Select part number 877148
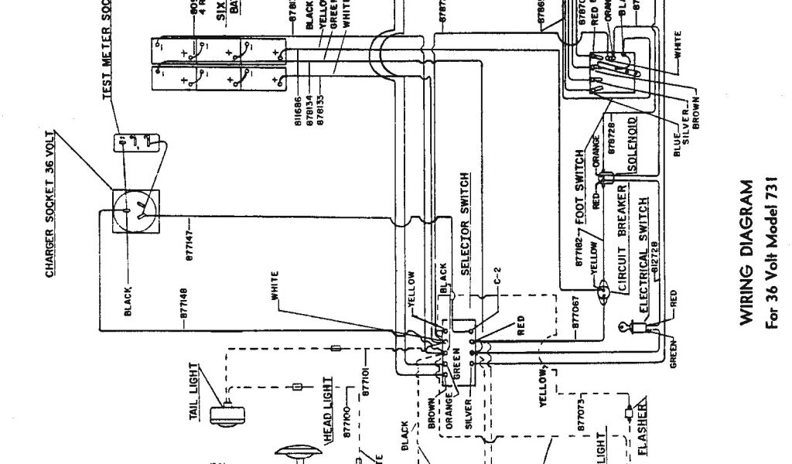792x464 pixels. click(186, 307)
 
